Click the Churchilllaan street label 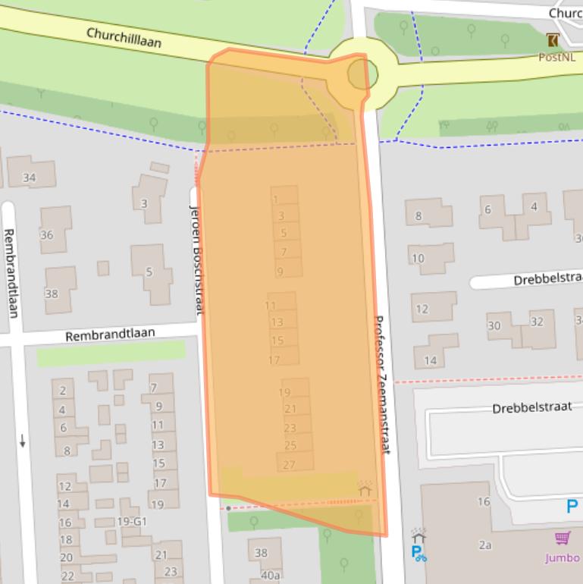coord(124,37)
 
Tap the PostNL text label coord(556,57)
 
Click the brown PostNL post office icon coord(553,40)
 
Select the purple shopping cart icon coord(562,538)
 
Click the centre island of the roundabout coord(362,74)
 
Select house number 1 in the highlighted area coord(276,200)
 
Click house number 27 coord(289,465)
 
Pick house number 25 coord(290,446)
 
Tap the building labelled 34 coord(29,177)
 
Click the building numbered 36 coord(47,235)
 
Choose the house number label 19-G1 coord(131,522)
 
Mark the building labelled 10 coord(418,259)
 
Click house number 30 coord(494,325)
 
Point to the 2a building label coord(485,545)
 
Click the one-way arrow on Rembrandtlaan coord(24,439)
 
